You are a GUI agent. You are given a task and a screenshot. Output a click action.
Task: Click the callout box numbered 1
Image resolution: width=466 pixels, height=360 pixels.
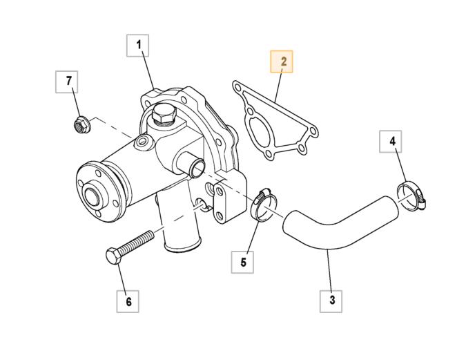tap(138, 46)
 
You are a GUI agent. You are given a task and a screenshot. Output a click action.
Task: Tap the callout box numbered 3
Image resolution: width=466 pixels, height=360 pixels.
tap(332, 299)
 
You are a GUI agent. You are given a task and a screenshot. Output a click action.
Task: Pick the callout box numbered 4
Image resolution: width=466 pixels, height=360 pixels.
tap(392, 142)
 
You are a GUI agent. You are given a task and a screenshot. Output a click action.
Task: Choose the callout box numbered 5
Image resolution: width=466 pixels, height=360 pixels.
tap(243, 262)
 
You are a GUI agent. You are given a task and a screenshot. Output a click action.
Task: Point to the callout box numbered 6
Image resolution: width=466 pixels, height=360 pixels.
tap(128, 301)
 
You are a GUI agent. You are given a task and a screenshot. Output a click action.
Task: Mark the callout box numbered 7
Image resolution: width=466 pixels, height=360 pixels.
tap(68, 82)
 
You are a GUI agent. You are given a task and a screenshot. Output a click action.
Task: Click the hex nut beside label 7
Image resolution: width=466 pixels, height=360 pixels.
tap(79, 125)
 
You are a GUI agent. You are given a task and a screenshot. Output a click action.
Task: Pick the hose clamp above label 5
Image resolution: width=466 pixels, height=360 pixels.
tap(262, 204)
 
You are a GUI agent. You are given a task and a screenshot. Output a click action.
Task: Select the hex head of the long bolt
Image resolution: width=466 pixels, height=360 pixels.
tap(113, 255)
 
